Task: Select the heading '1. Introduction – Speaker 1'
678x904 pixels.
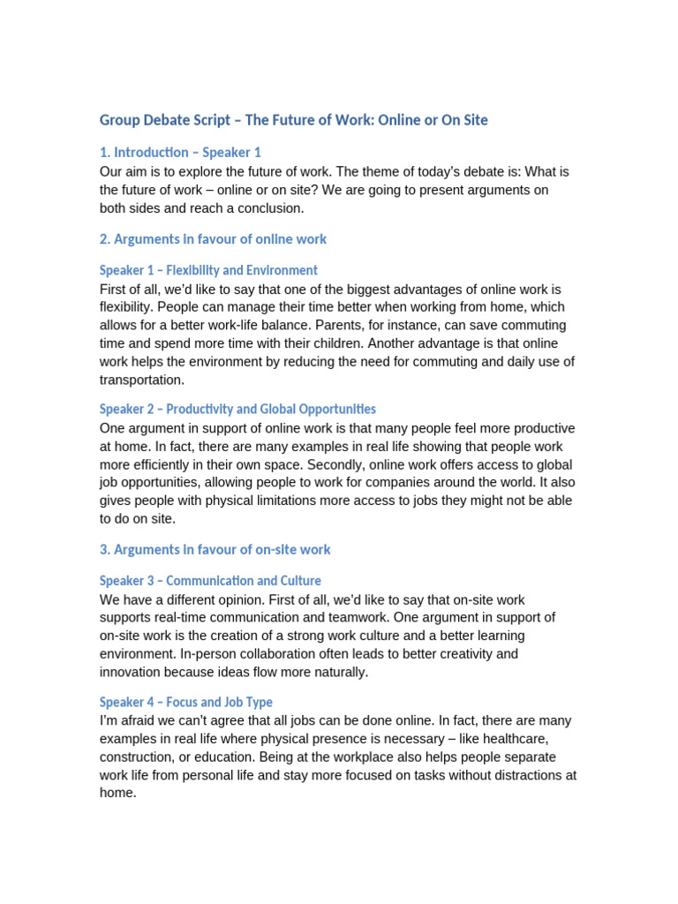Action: click(180, 152)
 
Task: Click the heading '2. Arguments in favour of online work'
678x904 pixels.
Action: click(213, 239)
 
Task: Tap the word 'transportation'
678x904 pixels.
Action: click(142, 380)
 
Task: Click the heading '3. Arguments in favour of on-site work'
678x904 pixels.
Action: click(215, 549)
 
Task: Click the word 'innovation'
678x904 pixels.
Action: click(132, 672)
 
